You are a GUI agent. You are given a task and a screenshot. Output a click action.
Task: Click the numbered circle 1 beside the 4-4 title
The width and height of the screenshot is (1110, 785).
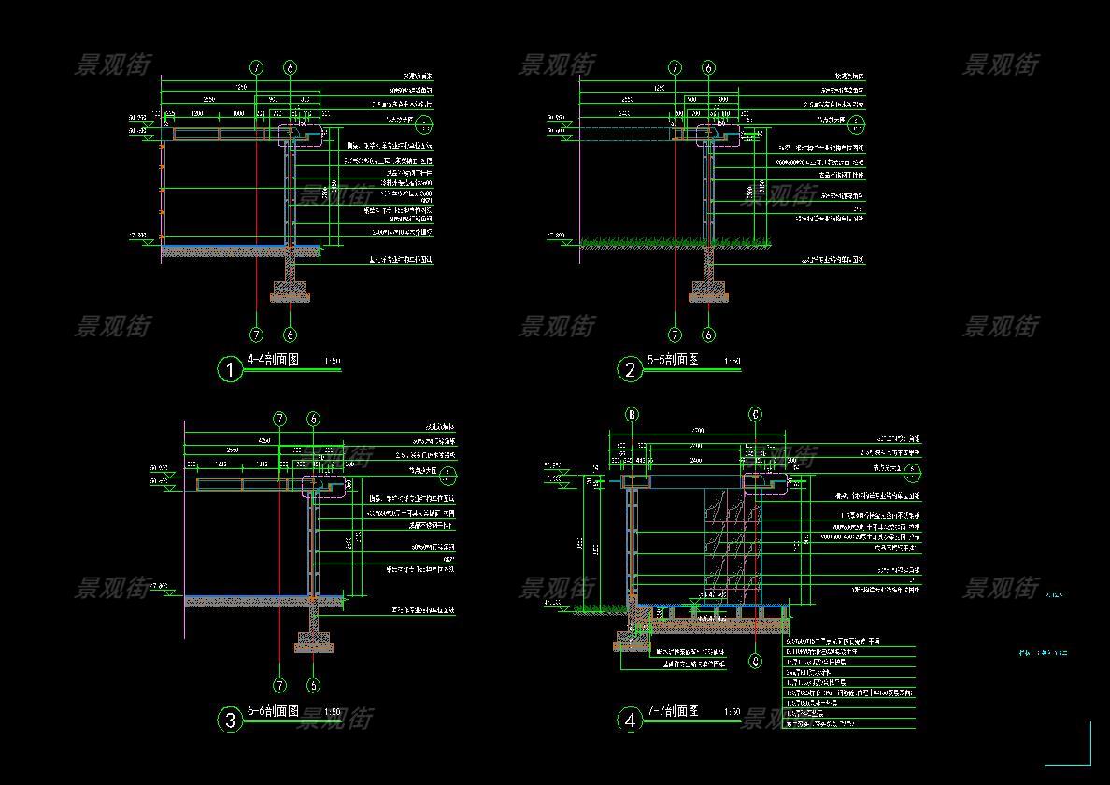tap(230, 369)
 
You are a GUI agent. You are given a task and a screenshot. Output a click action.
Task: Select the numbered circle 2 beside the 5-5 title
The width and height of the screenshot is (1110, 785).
tap(630, 369)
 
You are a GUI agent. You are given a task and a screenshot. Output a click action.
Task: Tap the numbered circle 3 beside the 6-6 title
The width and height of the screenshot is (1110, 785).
tap(230, 720)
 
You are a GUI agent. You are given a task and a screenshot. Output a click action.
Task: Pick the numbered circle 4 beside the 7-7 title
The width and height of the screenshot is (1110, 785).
tap(630, 720)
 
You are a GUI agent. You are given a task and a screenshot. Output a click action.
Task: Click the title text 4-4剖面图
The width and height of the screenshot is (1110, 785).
tap(272, 360)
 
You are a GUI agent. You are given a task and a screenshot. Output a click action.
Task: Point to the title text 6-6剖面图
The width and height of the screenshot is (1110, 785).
tap(272, 711)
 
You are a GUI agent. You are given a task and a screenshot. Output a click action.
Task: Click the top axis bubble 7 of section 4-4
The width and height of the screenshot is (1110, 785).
tap(257, 68)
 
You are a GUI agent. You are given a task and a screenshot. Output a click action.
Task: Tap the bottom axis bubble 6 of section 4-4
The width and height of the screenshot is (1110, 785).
tap(291, 335)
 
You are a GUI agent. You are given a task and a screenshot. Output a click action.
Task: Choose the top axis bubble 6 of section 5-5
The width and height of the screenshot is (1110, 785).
tap(708, 68)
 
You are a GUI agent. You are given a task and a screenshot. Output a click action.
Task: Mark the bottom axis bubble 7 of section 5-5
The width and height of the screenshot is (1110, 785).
tap(676, 335)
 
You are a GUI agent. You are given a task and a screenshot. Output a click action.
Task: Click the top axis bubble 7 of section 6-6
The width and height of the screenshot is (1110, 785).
tap(280, 420)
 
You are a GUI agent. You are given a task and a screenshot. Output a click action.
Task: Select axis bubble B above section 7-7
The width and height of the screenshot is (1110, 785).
tap(633, 415)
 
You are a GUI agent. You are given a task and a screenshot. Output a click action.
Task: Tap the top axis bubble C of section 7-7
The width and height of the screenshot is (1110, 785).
tap(756, 415)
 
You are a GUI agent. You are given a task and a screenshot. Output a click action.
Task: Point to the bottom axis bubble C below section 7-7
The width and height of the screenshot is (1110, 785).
tap(756, 661)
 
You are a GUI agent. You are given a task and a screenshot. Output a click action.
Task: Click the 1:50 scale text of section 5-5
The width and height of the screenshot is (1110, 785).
tap(732, 362)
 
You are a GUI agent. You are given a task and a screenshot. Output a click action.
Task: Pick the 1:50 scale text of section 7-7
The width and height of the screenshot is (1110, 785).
tap(733, 713)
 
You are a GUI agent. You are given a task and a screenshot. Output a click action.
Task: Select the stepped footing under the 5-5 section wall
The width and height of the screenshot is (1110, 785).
tap(708, 290)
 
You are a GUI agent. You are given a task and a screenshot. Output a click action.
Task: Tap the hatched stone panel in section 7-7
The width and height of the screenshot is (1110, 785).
tap(733, 542)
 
